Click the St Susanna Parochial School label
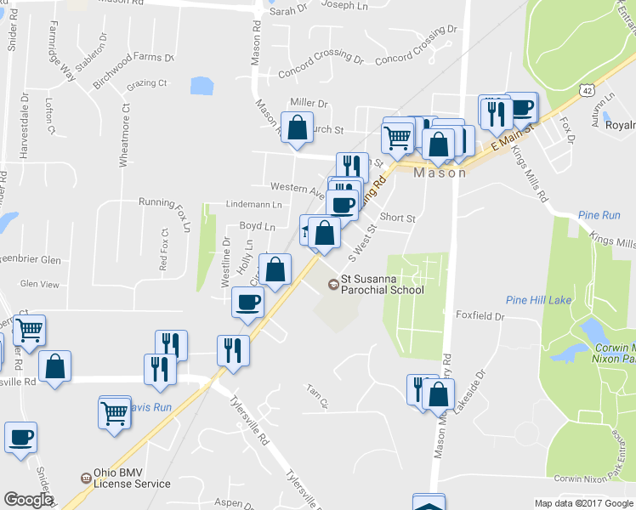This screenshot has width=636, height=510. [382, 284]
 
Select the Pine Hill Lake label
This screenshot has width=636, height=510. [538, 300]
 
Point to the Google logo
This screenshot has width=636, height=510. [28, 500]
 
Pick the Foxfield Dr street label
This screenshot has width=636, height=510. [480, 316]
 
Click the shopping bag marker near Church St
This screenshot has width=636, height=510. [297, 128]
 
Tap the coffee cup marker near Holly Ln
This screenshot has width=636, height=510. [248, 303]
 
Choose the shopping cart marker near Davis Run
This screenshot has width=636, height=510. [114, 413]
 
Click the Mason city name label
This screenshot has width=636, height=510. [440, 173]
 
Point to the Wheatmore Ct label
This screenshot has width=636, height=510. [124, 135]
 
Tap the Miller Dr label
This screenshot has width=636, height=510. [309, 102]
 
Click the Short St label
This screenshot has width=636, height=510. [397, 218]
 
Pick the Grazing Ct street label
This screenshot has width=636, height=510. [146, 83]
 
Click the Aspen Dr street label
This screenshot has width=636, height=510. [235, 502]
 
